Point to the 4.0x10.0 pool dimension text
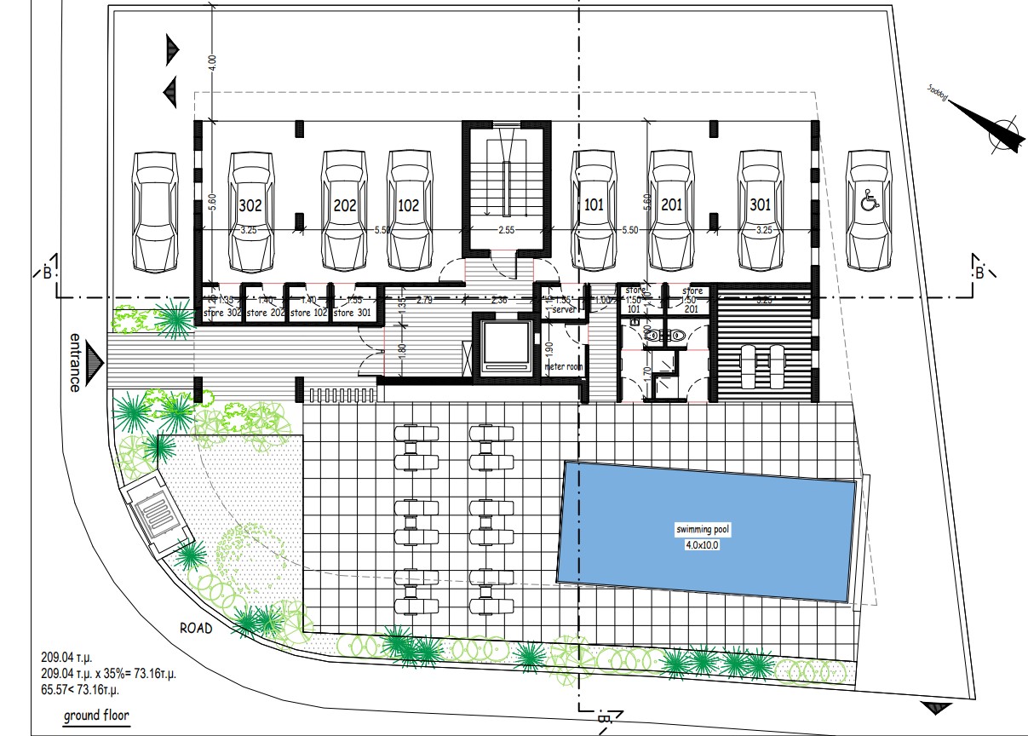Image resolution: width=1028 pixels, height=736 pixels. tap(702, 544)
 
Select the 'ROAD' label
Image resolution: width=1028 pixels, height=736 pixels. tap(194, 628)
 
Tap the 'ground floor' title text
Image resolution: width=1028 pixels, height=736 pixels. tap(96, 715)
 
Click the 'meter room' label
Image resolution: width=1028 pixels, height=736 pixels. tap(563, 367)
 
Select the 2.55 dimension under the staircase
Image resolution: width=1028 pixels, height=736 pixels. tap(506, 230)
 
